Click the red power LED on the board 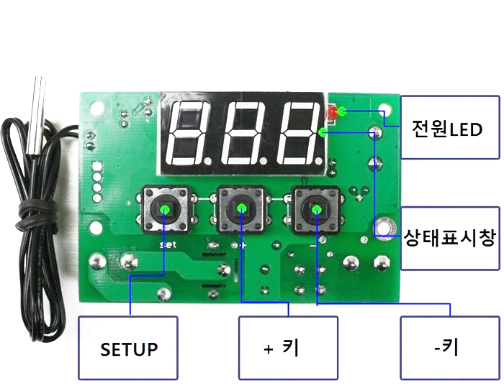coord(332,113)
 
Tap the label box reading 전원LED coord(450,127)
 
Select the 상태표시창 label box coord(450,238)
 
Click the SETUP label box coord(128,348)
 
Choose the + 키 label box coord(288,348)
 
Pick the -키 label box coord(450,348)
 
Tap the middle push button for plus coord(241,209)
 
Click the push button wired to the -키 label coord(317,210)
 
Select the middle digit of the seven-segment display coord(245,133)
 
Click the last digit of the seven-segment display coord(300,133)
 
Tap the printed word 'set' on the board coord(168,245)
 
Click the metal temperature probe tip coord(36,116)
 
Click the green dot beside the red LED coord(342,111)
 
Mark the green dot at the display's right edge coord(323,132)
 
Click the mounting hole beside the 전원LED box coord(384,109)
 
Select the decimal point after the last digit coord(318,160)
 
